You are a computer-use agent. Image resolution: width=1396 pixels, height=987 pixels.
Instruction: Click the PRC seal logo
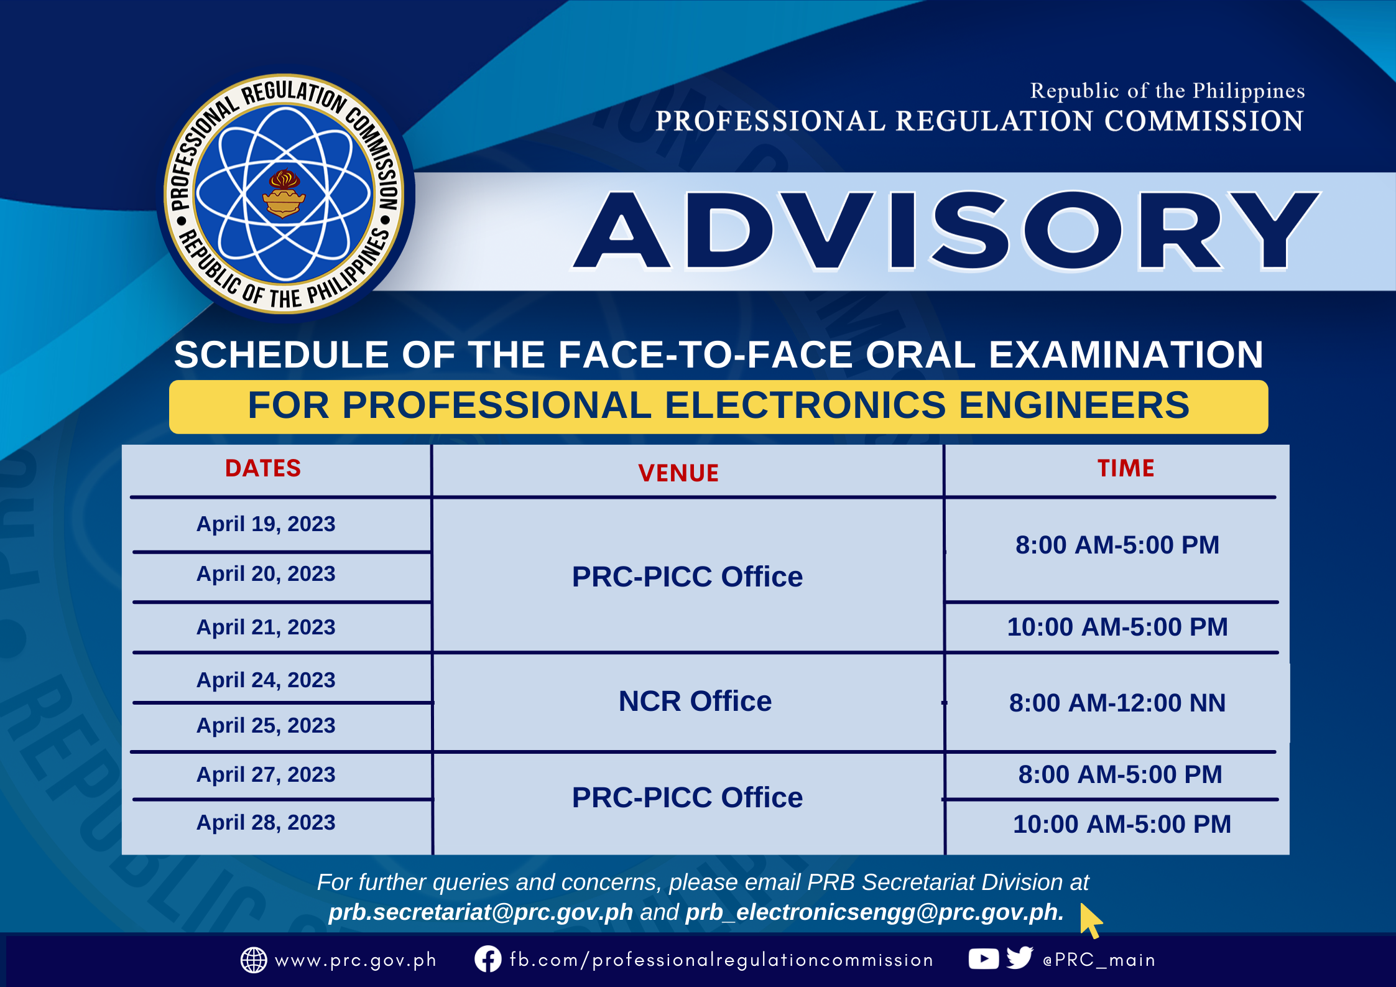click(x=284, y=194)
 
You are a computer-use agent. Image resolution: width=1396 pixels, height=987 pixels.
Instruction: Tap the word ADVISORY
click(x=945, y=231)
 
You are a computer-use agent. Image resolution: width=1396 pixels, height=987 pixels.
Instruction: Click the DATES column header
click(x=263, y=468)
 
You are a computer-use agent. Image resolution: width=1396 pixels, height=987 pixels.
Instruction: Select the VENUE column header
click(x=678, y=473)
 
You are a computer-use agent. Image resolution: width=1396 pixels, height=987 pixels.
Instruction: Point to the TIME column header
click(x=1126, y=468)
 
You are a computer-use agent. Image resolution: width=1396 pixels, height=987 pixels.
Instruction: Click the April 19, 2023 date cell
click(x=266, y=524)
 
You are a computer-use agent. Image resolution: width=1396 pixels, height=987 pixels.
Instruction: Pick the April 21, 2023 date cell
click(x=266, y=627)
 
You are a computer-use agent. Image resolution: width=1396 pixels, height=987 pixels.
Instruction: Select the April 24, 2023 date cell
click(x=266, y=680)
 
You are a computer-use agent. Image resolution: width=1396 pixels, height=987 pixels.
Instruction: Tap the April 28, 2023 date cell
click(x=266, y=822)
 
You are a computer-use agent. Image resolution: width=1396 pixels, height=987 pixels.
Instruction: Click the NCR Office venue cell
click(x=695, y=701)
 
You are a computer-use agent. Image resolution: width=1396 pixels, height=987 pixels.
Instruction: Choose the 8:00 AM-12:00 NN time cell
click(x=1117, y=703)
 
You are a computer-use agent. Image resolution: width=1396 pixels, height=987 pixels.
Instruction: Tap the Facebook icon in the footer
click(x=488, y=959)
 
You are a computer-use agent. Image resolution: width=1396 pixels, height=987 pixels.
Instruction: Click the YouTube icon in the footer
click(x=984, y=959)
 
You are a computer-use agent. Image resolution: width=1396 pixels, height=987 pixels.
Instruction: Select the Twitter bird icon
click(x=1020, y=958)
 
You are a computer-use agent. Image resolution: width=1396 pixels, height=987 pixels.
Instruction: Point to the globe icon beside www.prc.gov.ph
click(x=254, y=960)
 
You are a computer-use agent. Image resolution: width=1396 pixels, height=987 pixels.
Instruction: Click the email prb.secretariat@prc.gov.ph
click(x=481, y=912)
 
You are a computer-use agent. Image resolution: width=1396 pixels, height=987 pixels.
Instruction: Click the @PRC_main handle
click(x=1099, y=960)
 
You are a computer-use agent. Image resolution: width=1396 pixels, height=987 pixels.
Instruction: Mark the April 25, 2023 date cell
click(x=266, y=725)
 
